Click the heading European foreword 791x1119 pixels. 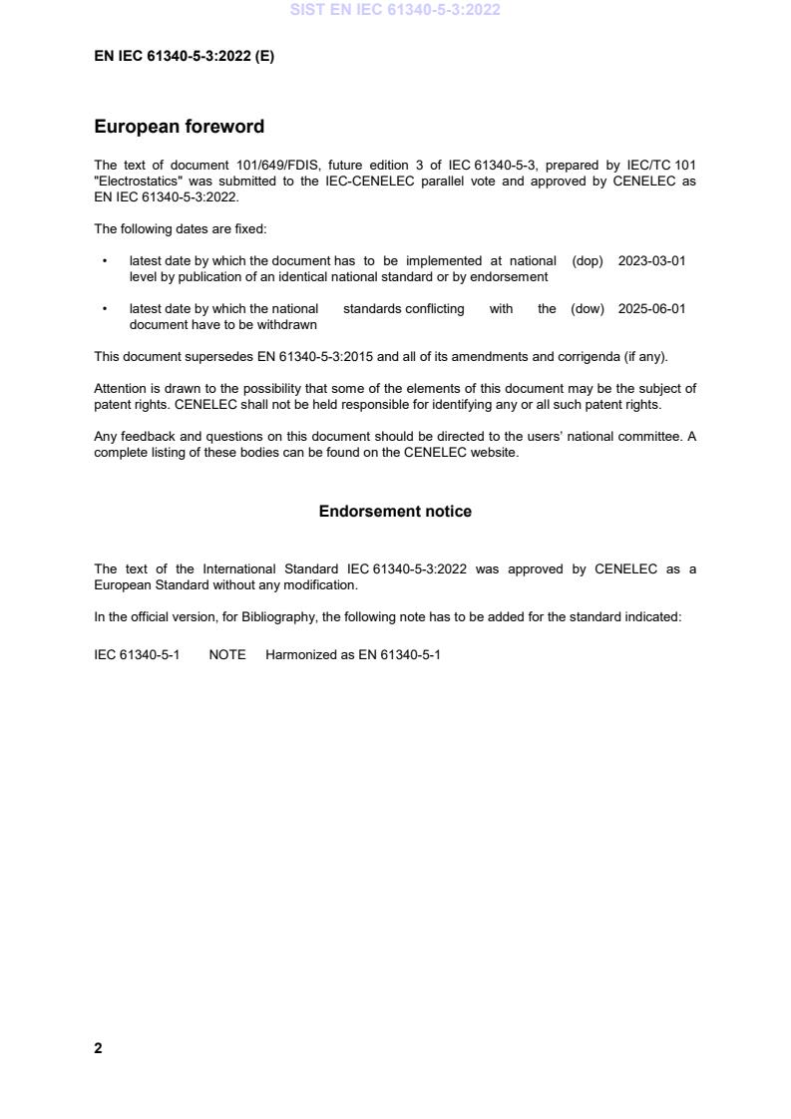click(x=179, y=127)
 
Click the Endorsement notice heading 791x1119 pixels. click(x=395, y=512)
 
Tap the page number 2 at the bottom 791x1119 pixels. click(x=98, y=1048)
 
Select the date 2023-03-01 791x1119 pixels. click(x=651, y=261)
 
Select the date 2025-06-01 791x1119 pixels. click(x=651, y=309)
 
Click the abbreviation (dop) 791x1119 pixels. click(x=588, y=261)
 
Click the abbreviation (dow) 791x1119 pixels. click(x=588, y=309)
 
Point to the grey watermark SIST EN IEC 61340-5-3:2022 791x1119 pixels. click(x=395, y=10)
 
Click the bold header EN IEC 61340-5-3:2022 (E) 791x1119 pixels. click(x=184, y=57)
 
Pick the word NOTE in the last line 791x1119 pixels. click(x=227, y=657)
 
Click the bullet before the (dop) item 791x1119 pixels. click(x=105, y=261)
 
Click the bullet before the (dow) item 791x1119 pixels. click(x=105, y=309)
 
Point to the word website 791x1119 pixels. click(x=495, y=454)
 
